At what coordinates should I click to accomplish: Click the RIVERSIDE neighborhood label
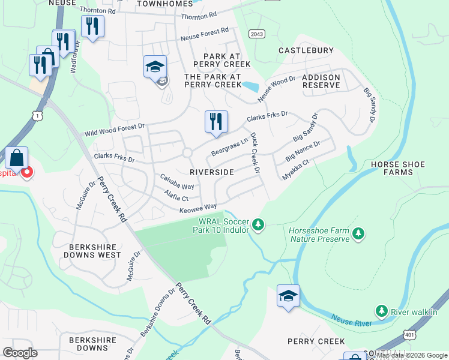point(212,172)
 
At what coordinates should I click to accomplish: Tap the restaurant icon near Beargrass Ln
point(215,122)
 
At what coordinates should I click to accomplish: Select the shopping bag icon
point(17,158)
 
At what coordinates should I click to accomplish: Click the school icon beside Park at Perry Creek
point(155,67)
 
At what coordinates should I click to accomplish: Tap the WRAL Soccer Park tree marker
point(258,224)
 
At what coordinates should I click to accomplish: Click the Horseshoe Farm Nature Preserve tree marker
point(358,233)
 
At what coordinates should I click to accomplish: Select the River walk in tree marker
point(381,311)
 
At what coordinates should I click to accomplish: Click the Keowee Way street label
point(198,208)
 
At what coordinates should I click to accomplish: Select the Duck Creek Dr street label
point(255,154)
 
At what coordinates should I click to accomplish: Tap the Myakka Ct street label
point(296,170)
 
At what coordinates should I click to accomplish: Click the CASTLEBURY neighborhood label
point(306,51)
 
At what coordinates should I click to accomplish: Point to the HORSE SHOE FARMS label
point(397,168)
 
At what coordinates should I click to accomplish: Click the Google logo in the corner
point(20,353)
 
